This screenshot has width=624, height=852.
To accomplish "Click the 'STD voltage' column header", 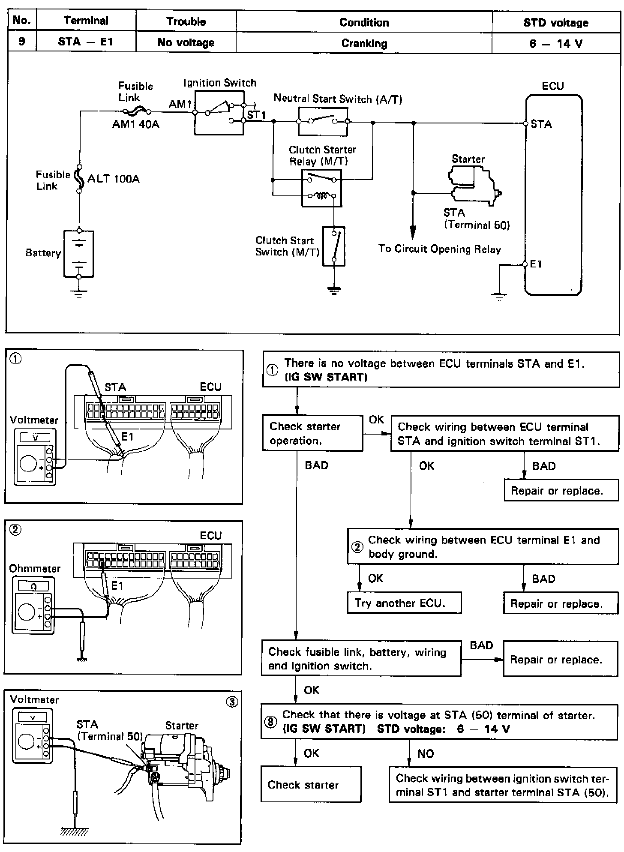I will tap(555, 22).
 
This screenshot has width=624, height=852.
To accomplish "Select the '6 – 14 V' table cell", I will tap(555, 43).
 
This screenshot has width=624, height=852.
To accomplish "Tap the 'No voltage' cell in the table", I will tap(186, 42).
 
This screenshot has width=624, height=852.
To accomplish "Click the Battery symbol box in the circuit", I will tap(79, 254).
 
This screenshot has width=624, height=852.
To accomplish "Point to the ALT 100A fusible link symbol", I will tap(79, 178).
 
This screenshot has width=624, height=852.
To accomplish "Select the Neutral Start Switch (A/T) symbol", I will tap(323, 121).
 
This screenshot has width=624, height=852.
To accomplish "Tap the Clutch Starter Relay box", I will tap(321, 188).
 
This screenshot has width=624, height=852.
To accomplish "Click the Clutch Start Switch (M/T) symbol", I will tap(334, 246).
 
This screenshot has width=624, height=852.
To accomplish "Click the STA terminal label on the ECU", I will tap(541, 124).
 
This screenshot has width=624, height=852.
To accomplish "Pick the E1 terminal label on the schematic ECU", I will tap(536, 264).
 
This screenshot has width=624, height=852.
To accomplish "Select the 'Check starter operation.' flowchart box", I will tap(312, 433).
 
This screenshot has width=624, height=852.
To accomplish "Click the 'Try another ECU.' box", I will tap(404, 603).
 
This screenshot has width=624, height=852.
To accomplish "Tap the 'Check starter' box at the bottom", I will tap(311, 784).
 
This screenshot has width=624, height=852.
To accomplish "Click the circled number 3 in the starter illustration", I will tap(232, 702).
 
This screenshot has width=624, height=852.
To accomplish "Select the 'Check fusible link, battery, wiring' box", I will tap(361, 659).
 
